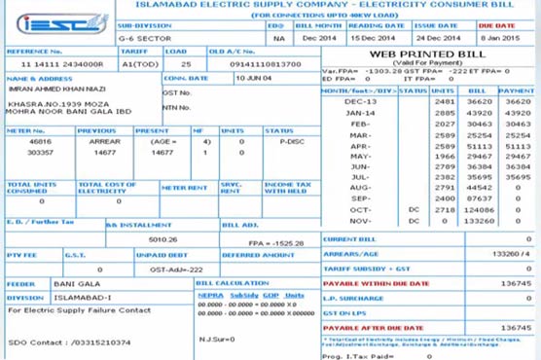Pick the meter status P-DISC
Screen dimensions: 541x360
[292, 142]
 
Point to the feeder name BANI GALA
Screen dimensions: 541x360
[70, 283]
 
